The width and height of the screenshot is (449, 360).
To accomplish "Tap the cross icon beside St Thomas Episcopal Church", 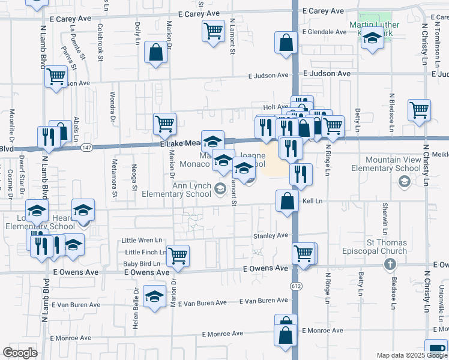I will pos(389,264).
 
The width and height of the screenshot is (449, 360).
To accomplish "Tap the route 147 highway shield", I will pos(87,147).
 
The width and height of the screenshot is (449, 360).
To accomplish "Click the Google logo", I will pos(20,353).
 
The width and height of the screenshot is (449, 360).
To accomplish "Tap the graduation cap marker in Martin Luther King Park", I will pos(373,39).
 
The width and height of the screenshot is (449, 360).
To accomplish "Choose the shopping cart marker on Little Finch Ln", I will pos(178,255).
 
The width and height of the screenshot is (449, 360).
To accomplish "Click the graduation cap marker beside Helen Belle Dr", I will pos(154,296).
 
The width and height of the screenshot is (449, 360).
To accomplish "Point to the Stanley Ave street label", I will pos(270,236).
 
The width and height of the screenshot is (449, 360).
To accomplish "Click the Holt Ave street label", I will pos(276,107).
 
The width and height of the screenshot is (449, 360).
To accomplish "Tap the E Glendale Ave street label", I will pos(327,32).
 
